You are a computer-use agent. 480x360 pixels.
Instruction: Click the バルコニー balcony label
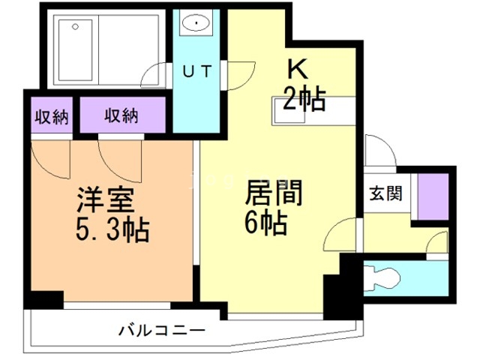point(162,330)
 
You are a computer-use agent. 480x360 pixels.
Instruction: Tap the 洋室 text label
point(105,200)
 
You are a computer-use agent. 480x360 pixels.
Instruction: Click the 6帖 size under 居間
point(266,223)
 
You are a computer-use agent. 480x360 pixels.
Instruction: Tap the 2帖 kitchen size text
point(304,98)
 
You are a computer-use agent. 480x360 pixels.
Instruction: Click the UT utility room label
point(198,71)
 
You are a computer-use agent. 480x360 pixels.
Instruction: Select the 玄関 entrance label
point(383,193)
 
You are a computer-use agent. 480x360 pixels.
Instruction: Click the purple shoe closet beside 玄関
point(433,196)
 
